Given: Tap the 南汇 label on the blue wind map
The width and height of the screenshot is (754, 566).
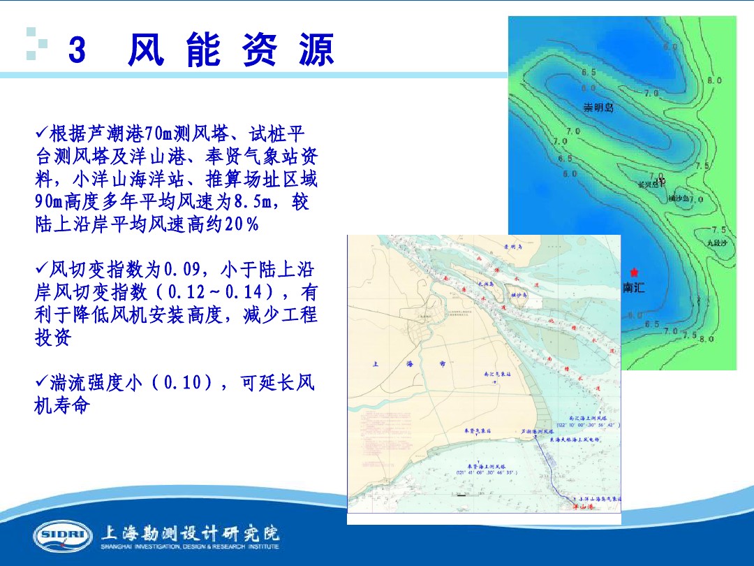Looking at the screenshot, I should [x=634, y=287].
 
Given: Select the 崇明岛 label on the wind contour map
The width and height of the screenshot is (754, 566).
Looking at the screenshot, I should [x=598, y=108].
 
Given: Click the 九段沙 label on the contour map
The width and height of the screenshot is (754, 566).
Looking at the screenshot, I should [x=716, y=243].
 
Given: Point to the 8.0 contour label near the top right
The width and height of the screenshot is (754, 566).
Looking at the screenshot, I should [x=714, y=81].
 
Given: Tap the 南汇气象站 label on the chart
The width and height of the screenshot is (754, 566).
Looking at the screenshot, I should [x=498, y=375].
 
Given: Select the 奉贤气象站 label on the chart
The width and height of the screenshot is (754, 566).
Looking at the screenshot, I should [x=478, y=431].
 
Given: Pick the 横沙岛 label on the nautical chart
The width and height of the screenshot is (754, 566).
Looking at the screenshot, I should [x=519, y=296].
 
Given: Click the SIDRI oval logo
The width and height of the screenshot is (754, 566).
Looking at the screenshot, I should [x=62, y=536].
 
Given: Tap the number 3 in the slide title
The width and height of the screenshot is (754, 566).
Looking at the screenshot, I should [x=77, y=51].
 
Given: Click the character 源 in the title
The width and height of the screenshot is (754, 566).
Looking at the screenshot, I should [x=316, y=51].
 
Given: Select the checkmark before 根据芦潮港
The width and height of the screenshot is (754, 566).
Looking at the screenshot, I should [x=40, y=131].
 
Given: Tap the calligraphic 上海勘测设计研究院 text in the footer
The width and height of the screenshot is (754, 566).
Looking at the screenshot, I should [x=191, y=533].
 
